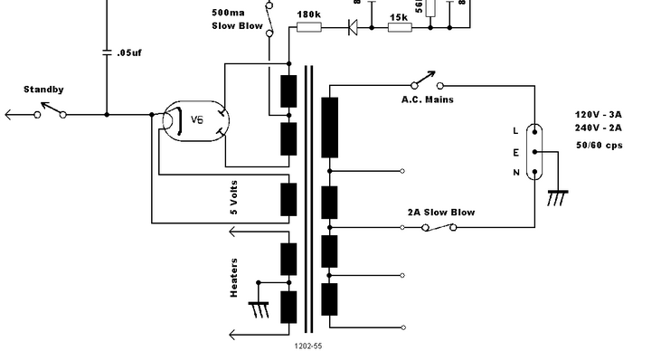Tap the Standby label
click(42, 90)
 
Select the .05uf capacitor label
click(129, 53)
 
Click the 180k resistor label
click(307, 15)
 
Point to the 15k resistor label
click(398, 16)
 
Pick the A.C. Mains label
click(428, 99)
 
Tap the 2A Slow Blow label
click(440, 212)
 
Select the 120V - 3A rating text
click(599, 115)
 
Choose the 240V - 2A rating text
click(599, 129)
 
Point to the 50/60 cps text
click(598, 145)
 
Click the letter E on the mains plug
click(516, 153)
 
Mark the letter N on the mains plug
click(516, 173)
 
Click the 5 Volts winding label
click(233, 199)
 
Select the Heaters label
click(233, 278)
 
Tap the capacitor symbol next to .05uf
click(107, 51)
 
